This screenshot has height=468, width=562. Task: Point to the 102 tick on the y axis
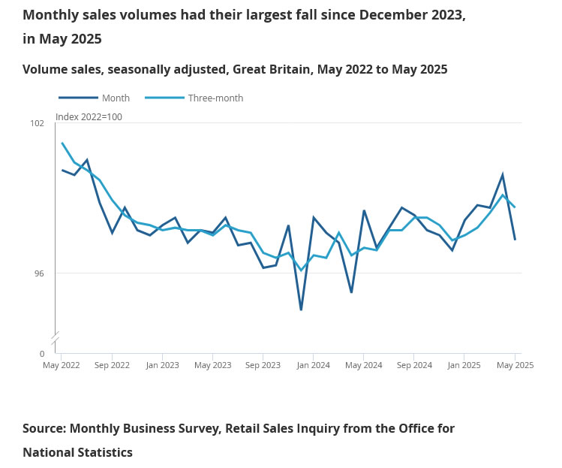point(37,123)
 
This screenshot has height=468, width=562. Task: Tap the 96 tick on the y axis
point(38,273)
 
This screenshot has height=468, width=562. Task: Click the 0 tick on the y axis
point(41,353)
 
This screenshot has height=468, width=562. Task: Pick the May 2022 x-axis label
point(62,365)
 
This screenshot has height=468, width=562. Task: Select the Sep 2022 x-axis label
point(112,365)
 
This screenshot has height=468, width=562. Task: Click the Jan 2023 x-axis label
point(162,365)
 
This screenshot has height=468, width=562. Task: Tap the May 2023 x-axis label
point(212,365)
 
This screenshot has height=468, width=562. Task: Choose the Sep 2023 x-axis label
point(263,365)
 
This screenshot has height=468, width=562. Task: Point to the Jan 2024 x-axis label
point(313,365)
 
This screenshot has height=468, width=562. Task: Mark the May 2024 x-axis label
point(363,365)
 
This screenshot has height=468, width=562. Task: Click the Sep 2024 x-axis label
point(413,365)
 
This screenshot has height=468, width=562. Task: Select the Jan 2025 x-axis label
point(464,365)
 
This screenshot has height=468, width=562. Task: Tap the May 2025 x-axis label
point(515,365)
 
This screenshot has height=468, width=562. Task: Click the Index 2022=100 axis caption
point(89,117)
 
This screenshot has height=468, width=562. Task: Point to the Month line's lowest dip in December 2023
point(301,309)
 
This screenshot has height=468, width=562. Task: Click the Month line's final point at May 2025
point(515,240)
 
